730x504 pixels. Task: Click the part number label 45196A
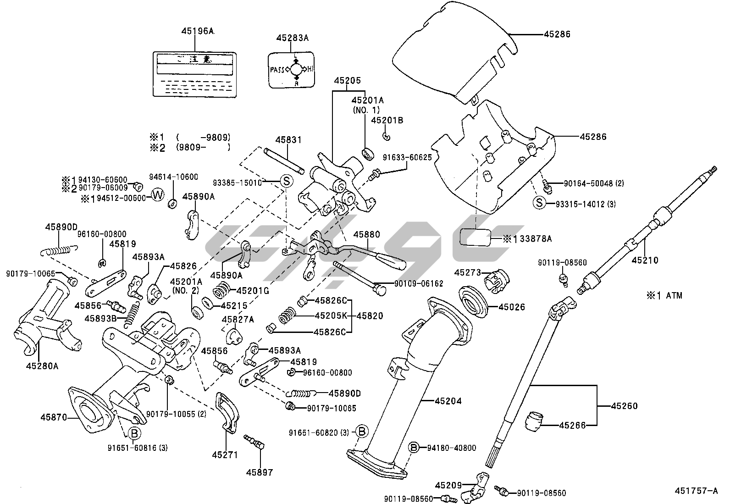(197, 31)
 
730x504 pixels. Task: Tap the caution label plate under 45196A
(195, 73)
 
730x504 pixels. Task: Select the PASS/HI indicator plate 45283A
(292, 70)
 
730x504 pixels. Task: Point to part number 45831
(288, 139)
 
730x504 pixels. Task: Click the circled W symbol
(157, 195)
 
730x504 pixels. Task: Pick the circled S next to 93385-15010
(286, 182)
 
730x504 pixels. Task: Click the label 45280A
(42, 366)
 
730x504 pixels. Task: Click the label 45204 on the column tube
(448, 401)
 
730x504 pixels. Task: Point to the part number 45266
(572, 426)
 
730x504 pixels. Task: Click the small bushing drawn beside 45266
(535, 421)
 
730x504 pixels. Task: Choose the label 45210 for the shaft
(645, 260)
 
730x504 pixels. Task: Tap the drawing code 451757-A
(696, 491)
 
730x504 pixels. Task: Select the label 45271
(225, 455)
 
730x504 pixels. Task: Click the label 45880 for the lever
(366, 234)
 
